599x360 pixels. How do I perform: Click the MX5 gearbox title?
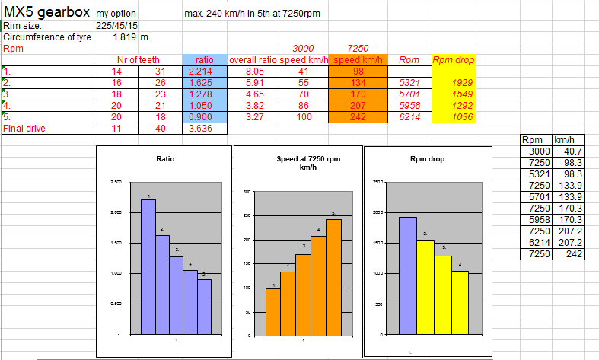pos(46,13)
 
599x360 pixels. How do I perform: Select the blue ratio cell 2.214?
pos(205,71)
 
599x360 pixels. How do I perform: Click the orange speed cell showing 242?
pos(358,117)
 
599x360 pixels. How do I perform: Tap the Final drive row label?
pos(25,129)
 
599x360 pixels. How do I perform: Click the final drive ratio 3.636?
pos(205,129)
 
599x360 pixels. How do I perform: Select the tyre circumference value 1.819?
pos(125,37)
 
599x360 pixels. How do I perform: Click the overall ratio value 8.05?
pos(253,71)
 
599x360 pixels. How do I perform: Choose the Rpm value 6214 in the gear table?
pos(409,117)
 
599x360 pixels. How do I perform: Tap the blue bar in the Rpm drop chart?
pos(407,276)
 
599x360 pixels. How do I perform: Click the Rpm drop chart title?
pos(425,159)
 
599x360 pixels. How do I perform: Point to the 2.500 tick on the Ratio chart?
pos(116,182)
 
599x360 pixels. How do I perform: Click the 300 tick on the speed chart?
pos(246,191)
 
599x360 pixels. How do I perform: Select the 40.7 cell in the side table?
pos(566,151)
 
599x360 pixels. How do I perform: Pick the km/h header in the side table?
pos(564,140)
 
